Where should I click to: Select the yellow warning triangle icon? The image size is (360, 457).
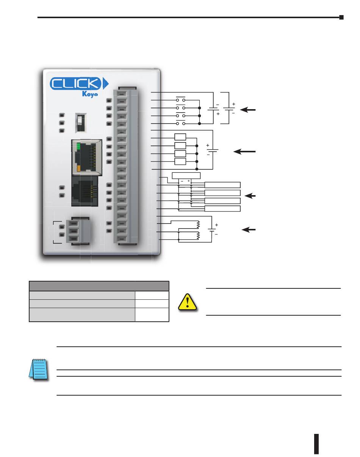pos(188,302)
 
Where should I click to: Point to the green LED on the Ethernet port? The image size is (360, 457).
pos(79,146)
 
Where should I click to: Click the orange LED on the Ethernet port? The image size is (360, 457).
pos(79,168)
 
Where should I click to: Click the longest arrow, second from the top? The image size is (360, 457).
pos(244,152)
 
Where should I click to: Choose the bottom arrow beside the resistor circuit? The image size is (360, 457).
pos(249,230)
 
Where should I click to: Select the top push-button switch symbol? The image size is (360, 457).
pos(180,100)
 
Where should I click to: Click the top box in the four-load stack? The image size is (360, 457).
pos(180,137)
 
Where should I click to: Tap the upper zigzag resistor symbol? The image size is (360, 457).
pos(198,224)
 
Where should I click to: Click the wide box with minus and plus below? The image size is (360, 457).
pos(186,175)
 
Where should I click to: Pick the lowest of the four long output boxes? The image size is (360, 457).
pos(222,209)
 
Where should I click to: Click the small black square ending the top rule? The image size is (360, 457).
pos(341,17)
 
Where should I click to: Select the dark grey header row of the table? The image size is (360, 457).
pos(99,286)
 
